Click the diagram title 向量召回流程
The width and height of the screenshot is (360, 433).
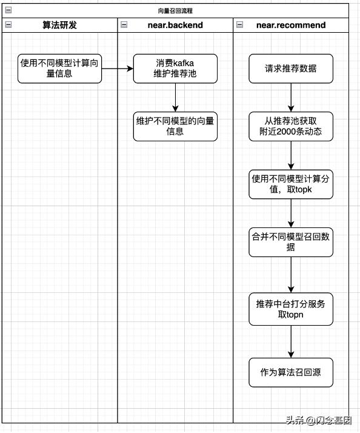175,10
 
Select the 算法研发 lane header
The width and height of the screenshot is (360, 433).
59,25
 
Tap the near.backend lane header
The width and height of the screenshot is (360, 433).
175,25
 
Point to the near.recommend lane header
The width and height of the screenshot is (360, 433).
291,25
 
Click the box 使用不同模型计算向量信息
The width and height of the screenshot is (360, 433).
59,69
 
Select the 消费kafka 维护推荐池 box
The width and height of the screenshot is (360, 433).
175,69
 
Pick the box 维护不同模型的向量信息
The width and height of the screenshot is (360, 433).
175,126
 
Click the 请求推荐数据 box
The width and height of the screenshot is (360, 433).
291,69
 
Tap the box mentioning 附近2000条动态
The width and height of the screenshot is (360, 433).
291,126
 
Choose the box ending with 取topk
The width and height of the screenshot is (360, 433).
291,184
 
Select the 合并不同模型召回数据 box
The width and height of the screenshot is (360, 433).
291,242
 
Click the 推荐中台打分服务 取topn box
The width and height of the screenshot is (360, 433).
291,309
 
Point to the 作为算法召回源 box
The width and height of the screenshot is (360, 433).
291,372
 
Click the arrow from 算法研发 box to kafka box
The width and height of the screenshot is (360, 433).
117,69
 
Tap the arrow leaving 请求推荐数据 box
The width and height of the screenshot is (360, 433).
291,97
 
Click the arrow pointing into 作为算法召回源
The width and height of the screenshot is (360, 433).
291,341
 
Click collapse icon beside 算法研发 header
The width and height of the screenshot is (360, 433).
8,25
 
